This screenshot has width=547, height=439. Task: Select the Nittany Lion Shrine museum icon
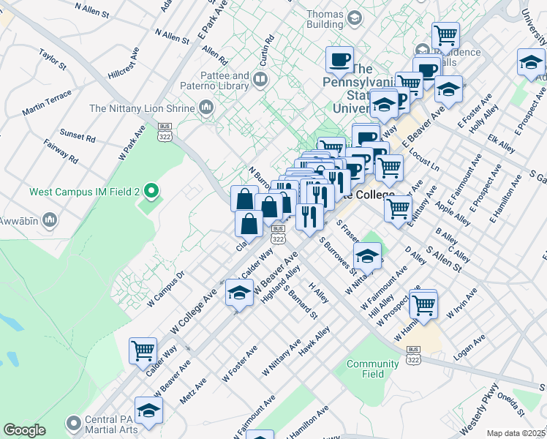[x=205, y=108]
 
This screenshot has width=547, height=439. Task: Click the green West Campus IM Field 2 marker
[x=151, y=192]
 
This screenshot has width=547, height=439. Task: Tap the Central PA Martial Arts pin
[x=73, y=423]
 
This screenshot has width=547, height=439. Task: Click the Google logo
[x=25, y=430]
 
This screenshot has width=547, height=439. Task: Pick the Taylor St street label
[x=53, y=59]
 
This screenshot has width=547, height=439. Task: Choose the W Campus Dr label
[x=166, y=291]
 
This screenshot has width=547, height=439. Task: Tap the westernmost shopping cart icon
[x=143, y=349]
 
